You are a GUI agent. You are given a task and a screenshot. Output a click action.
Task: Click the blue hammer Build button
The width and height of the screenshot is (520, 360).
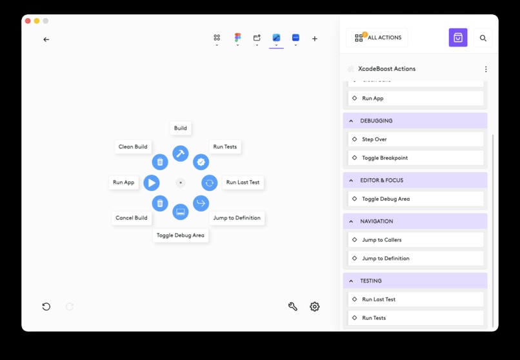tap(181, 154)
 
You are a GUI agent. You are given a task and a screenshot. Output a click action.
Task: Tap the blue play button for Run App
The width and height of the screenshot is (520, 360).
tap(152, 183)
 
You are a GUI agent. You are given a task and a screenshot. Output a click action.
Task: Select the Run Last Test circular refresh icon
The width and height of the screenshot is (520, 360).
tap(209, 183)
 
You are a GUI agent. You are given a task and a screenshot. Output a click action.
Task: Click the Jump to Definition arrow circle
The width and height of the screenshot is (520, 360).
tap(201, 203)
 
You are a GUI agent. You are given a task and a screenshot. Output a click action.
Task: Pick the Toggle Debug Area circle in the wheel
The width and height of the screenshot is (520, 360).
tap(181, 212)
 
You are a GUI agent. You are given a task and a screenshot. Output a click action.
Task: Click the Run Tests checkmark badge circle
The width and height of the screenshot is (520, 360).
tap(201, 162)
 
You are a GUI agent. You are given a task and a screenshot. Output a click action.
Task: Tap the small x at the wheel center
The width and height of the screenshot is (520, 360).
tap(181, 183)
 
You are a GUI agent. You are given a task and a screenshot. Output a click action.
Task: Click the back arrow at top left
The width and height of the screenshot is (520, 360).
tap(46, 39)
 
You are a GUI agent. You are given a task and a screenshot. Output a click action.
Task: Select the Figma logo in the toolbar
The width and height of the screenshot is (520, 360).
tap(237, 37)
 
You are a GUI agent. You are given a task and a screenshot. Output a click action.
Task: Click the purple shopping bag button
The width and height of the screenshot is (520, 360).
tap(458, 37)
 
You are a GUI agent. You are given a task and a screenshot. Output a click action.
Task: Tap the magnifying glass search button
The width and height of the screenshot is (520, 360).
tap(483, 38)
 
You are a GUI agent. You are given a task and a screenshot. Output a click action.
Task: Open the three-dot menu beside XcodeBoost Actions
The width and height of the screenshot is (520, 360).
tap(486, 69)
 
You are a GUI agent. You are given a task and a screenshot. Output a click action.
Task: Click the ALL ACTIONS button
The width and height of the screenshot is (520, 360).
tap(377, 37)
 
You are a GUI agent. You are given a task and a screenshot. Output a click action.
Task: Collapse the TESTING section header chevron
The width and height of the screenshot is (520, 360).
tap(351, 281)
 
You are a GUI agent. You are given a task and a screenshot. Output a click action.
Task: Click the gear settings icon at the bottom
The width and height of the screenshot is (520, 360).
tap(315, 306)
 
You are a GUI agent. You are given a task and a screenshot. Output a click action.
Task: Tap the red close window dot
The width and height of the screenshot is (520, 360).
tap(28, 21)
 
